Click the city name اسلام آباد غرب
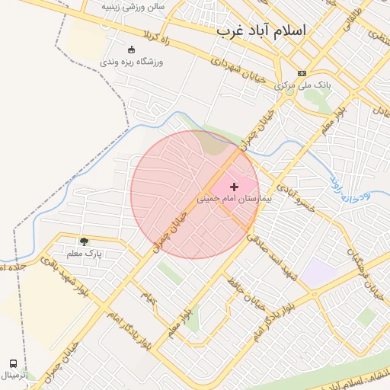(x=261, y=30)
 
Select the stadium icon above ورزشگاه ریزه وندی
(x=130, y=50)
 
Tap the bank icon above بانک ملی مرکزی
(x=302, y=74)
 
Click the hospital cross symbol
(x=234, y=187)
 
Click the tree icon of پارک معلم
(x=84, y=241)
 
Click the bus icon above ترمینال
(x=13, y=363)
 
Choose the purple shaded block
(x=321, y=273)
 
